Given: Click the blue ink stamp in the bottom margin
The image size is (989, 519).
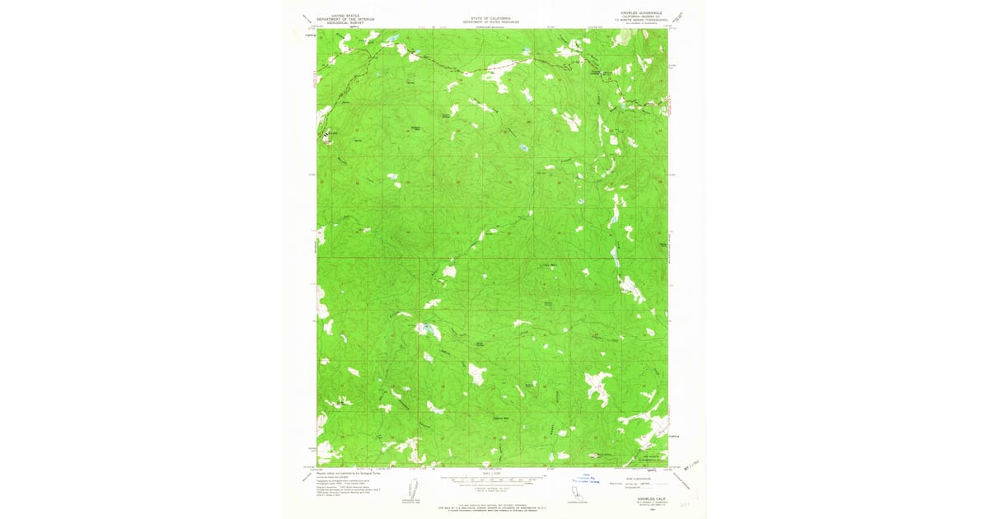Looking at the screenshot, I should (x=586, y=480).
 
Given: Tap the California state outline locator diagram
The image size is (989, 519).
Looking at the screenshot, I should (x=569, y=491).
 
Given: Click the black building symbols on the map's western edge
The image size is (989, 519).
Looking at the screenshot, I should (x=326, y=132).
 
